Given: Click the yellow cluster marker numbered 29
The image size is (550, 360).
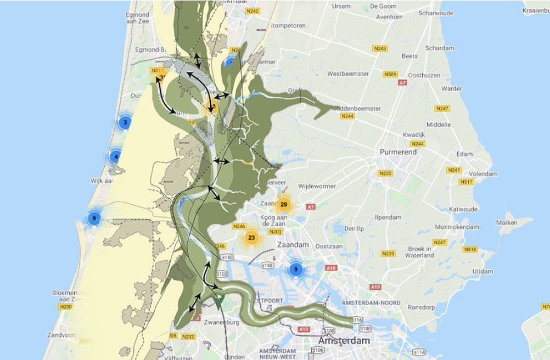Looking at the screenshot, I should coord(284,205).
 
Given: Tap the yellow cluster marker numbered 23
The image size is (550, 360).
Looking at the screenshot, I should coord(251,238).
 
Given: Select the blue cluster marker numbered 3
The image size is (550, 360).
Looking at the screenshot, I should coord(125,122).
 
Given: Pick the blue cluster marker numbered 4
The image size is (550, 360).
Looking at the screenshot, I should coord(115,156).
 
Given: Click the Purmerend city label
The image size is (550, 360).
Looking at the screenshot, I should coord(398,152).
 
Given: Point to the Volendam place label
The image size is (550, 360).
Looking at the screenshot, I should coord(483,174).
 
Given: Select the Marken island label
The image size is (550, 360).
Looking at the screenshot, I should coord(507,223).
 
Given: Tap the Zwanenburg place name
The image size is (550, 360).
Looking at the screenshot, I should coord(221,323).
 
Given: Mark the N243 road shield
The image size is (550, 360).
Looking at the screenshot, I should coord(380,48).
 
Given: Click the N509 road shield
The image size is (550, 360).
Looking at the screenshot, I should coord(390,74).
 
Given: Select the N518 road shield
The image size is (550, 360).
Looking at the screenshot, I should coord(470,249).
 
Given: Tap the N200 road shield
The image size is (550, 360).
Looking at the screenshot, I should coord(65,307).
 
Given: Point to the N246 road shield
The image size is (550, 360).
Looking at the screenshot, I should coord(239,226).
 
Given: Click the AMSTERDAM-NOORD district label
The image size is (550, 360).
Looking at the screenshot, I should coord(371,303).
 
